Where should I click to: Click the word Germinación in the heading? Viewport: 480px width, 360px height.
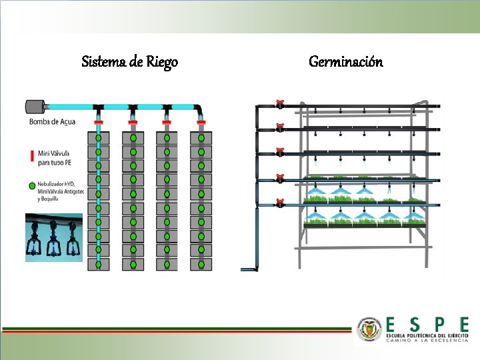[345, 62]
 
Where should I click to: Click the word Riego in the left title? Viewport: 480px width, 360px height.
[162, 63]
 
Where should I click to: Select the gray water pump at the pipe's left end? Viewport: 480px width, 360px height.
[34, 106]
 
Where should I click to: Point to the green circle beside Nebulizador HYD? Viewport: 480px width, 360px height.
[31, 186]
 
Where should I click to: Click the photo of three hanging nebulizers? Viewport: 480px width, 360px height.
[54, 237]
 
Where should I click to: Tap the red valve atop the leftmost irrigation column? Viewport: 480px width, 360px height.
[98, 123]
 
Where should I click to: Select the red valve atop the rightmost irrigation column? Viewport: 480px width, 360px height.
[201, 123]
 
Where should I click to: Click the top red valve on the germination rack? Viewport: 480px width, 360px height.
[280, 104]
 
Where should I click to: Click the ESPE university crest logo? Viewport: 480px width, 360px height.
[369, 329]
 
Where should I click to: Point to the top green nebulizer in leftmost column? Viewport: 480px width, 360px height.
[98, 138]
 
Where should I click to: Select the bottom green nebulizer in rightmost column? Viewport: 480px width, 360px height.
[201, 264]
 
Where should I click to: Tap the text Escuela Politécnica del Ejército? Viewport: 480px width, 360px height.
[427, 335]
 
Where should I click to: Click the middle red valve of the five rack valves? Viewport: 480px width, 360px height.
[280, 153]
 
